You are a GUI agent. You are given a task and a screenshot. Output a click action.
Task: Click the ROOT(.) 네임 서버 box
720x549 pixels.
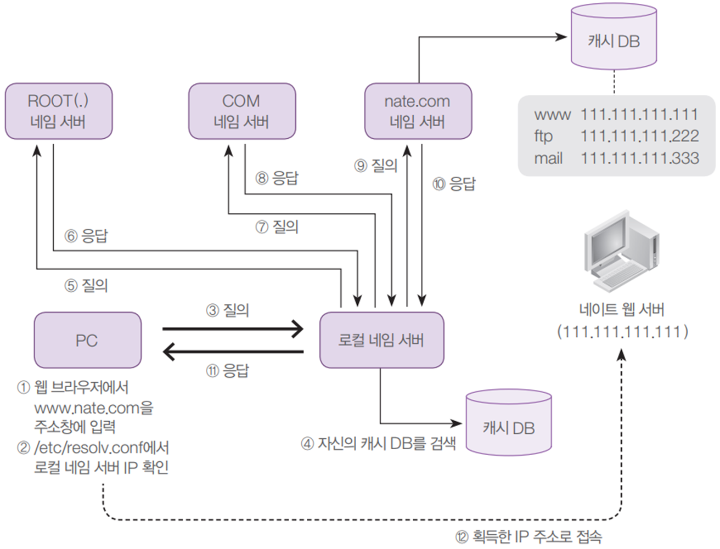click(59, 111)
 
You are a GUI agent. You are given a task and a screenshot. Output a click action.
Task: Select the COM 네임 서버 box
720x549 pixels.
click(241, 111)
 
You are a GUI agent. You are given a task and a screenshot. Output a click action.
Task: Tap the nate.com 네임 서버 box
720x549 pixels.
click(418, 111)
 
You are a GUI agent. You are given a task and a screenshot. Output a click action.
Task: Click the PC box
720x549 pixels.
click(87, 340)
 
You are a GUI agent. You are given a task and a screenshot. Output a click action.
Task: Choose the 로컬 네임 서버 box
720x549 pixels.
click(381, 340)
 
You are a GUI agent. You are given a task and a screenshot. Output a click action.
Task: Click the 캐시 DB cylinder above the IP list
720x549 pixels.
click(614, 38)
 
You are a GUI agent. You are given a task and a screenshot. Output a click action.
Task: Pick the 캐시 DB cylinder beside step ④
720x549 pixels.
click(509, 426)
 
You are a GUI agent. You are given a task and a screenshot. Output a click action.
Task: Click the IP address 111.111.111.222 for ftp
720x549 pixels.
click(639, 136)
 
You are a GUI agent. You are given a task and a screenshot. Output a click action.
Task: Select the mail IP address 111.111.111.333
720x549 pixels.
click(639, 158)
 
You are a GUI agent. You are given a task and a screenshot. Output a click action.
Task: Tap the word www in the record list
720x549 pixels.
click(552, 115)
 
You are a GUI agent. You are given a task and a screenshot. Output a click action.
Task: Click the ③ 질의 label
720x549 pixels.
click(227, 310)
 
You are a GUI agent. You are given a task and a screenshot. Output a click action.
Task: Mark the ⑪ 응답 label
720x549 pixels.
click(227, 371)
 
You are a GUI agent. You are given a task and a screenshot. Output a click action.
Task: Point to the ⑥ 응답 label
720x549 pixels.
click(86, 236)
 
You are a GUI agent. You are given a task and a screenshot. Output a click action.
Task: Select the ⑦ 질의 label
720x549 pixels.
click(277, 227)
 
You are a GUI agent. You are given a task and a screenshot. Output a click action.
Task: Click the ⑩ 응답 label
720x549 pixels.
click(454, 184)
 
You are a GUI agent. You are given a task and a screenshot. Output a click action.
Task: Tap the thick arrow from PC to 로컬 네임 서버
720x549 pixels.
click(233, 329)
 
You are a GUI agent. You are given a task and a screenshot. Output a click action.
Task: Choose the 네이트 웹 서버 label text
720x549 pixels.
click(621, 309)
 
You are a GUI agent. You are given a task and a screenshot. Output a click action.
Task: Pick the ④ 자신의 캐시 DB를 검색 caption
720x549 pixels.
click(378, 443)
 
